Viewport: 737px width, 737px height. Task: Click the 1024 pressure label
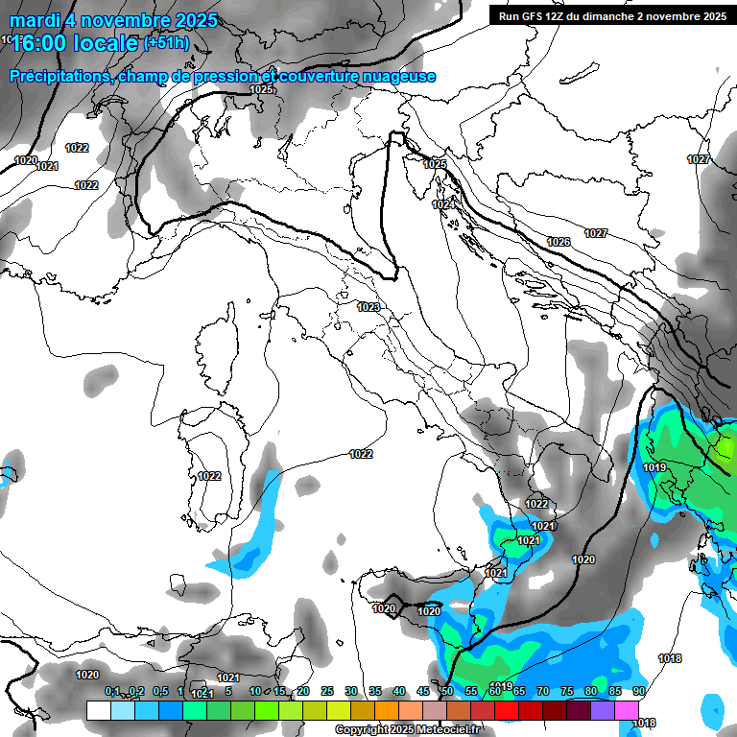click(442, 204)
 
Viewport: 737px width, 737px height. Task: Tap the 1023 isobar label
click(368, 307)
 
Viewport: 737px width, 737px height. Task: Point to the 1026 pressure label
click(559, 241)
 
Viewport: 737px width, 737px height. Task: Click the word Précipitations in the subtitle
click(59, 77)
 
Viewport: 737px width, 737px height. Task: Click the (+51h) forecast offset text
click(166, 42)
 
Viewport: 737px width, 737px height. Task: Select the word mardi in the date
click(33, 20)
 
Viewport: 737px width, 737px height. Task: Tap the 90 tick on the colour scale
click(638, 691)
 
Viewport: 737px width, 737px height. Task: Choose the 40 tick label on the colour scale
click(398, 691)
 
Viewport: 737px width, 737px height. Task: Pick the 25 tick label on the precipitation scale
click(326, 691)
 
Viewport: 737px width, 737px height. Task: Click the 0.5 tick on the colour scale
click(159, 691)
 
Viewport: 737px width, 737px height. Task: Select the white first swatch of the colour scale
click(98, 710)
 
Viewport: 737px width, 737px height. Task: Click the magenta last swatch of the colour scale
click(626, 710)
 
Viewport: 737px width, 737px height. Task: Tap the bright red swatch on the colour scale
click(506, 710)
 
